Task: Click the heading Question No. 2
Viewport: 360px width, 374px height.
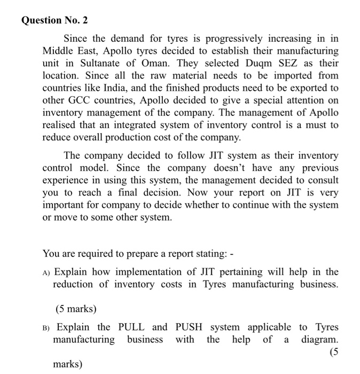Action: point(54,20)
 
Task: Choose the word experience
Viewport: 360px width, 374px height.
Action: point(66,181)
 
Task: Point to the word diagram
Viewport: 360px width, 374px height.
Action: point(319,339)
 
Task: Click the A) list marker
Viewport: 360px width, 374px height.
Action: point(46,272)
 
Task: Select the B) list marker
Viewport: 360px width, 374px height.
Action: point(47,327)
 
